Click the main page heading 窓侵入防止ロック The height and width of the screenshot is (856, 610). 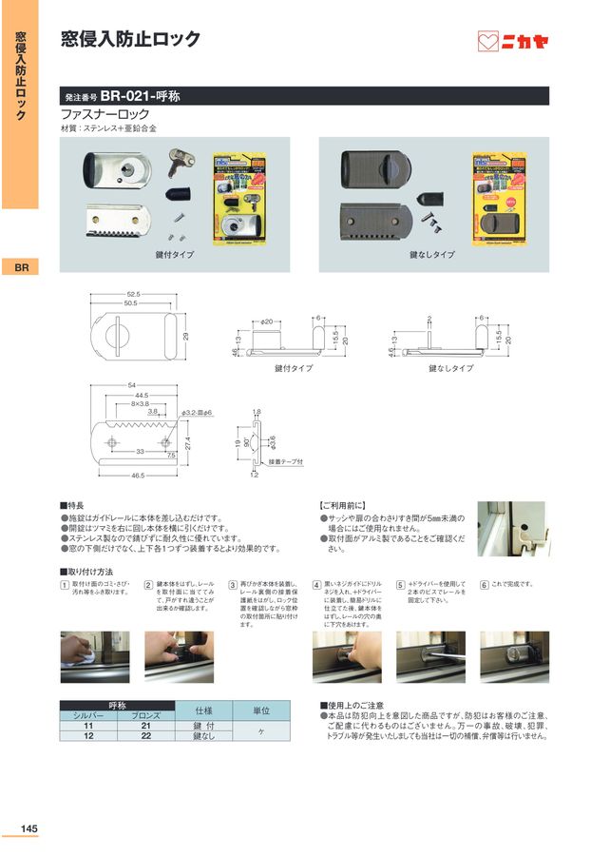click(130, 39)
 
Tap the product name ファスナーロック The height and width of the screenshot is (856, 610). click(99, 113)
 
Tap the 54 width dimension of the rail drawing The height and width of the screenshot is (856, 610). click(132, 384)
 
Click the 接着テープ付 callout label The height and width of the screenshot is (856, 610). click(285, 462)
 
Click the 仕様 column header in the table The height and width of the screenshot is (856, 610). click(204, 710)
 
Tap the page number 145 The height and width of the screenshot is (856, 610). click(29, 829)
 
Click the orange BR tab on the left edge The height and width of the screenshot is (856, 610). click(20, 268)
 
